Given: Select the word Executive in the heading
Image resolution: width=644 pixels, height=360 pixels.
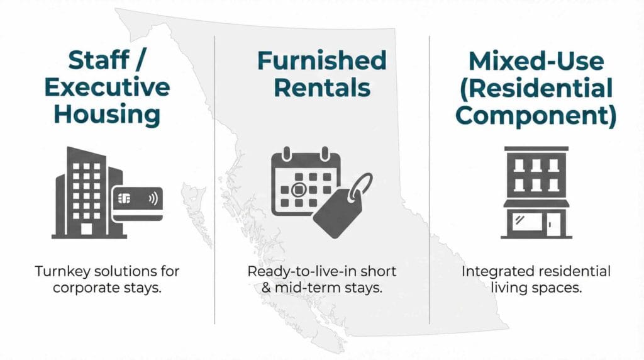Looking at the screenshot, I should pos(106,87).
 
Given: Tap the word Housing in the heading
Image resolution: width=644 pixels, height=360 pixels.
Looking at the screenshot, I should pos(106,115).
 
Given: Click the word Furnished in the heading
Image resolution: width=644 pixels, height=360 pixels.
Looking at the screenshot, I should pos(321,61).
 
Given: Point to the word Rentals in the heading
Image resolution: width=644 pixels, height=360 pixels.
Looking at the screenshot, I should pos(321,87).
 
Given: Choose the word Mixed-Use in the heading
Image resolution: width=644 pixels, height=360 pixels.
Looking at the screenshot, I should pos(536,61).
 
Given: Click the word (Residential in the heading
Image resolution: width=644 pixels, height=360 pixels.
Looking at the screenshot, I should pos(536,87).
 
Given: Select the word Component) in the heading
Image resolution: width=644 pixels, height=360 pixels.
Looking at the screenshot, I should pos(536,115).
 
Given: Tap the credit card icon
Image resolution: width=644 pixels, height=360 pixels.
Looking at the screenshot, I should pos(137,203).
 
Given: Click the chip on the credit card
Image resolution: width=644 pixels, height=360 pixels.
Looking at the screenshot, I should pos(124,200).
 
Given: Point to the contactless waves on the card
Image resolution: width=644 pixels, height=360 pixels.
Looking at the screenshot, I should pos(152,200).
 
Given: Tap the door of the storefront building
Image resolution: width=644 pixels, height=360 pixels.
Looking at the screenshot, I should pos(553,222).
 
